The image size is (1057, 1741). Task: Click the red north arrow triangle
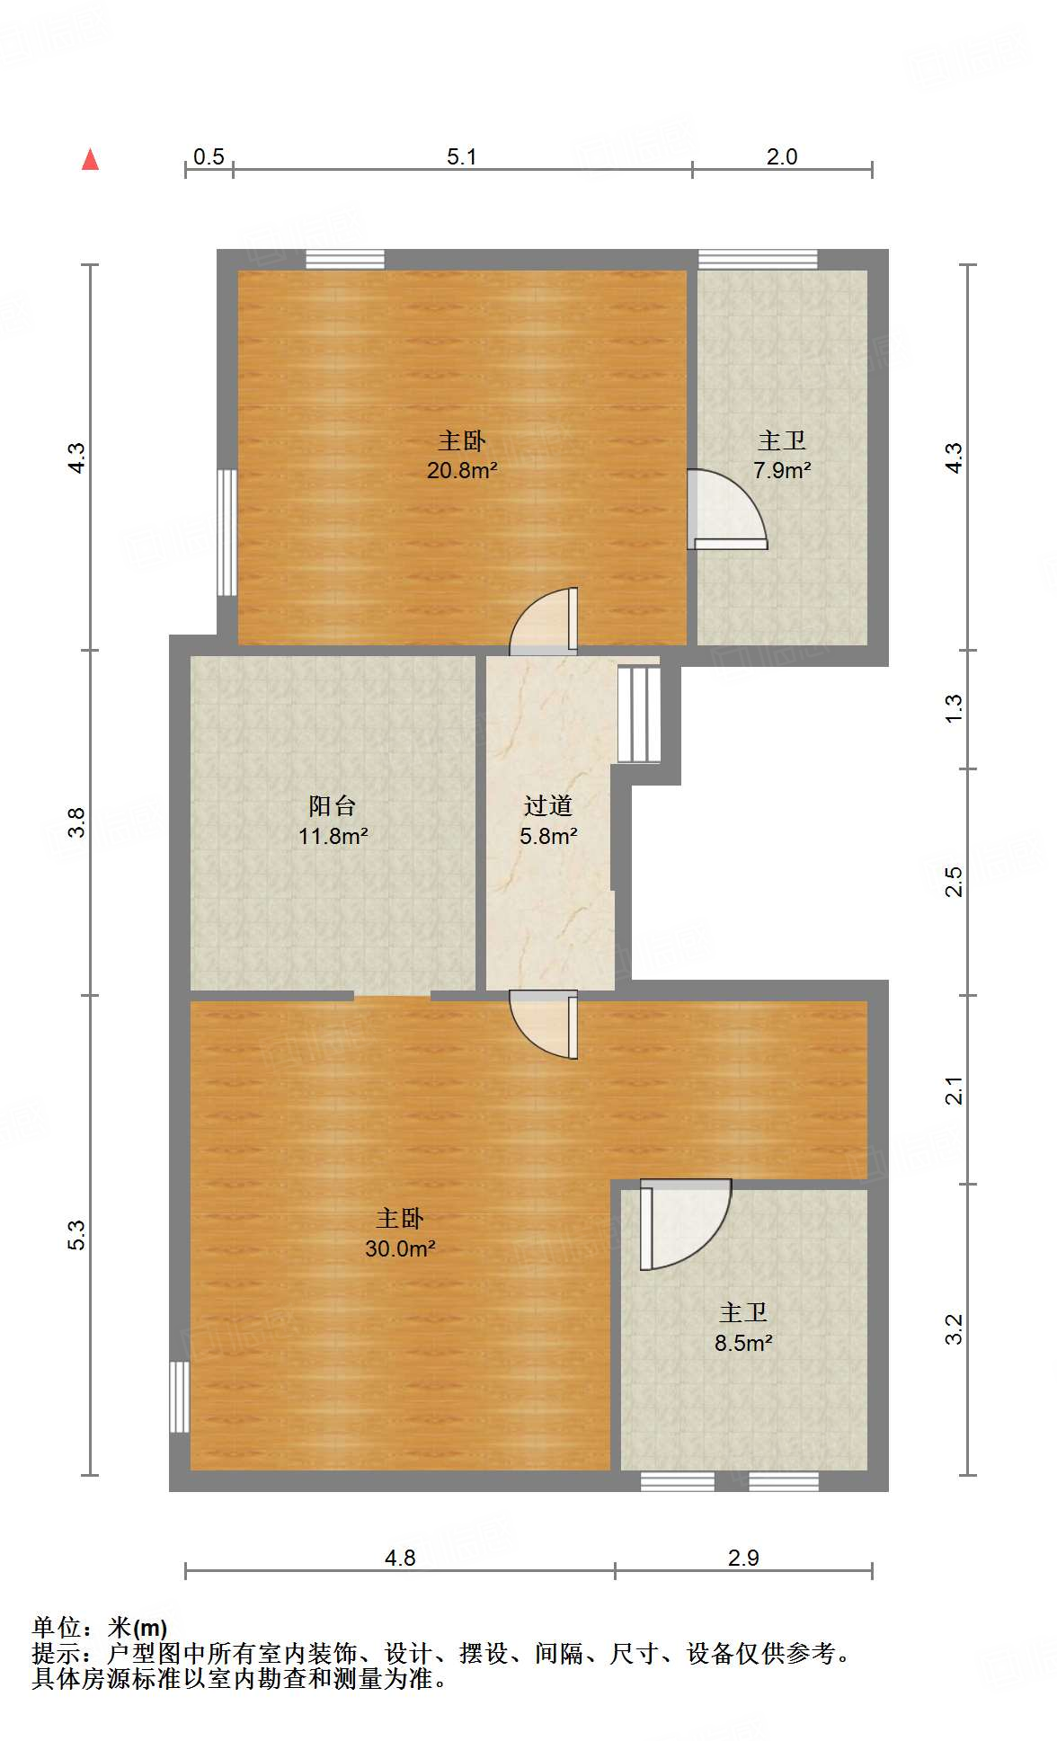click(x=90, y=159)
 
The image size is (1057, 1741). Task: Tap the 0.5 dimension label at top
click(x=209, y=156)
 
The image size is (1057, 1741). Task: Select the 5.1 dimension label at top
click(x=462, y=156)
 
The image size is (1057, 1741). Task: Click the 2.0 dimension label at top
click(x=782, y=156)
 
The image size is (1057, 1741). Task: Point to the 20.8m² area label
click(x=462, y=470)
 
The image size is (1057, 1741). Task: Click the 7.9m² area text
click(x=782, y=470)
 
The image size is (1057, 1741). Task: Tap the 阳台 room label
click(x=333, y=805)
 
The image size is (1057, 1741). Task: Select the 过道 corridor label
click(x=548, y=805)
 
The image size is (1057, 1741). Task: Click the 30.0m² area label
click(x=400, y=1248)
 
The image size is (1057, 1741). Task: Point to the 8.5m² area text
click(x=743, y=1343)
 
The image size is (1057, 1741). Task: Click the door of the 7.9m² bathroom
click(x=727, y=510)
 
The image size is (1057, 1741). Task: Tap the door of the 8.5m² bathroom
click(x=685, y=1224)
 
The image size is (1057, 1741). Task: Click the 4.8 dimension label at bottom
click(x=400, y=1558)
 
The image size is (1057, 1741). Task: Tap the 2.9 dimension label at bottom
click(x=743, y=1558)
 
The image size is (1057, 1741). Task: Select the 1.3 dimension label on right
click(x=954, y=708)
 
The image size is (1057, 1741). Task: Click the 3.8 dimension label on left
click(x=77, y=822)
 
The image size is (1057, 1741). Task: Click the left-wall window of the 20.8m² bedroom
click(x=227, y=532)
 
